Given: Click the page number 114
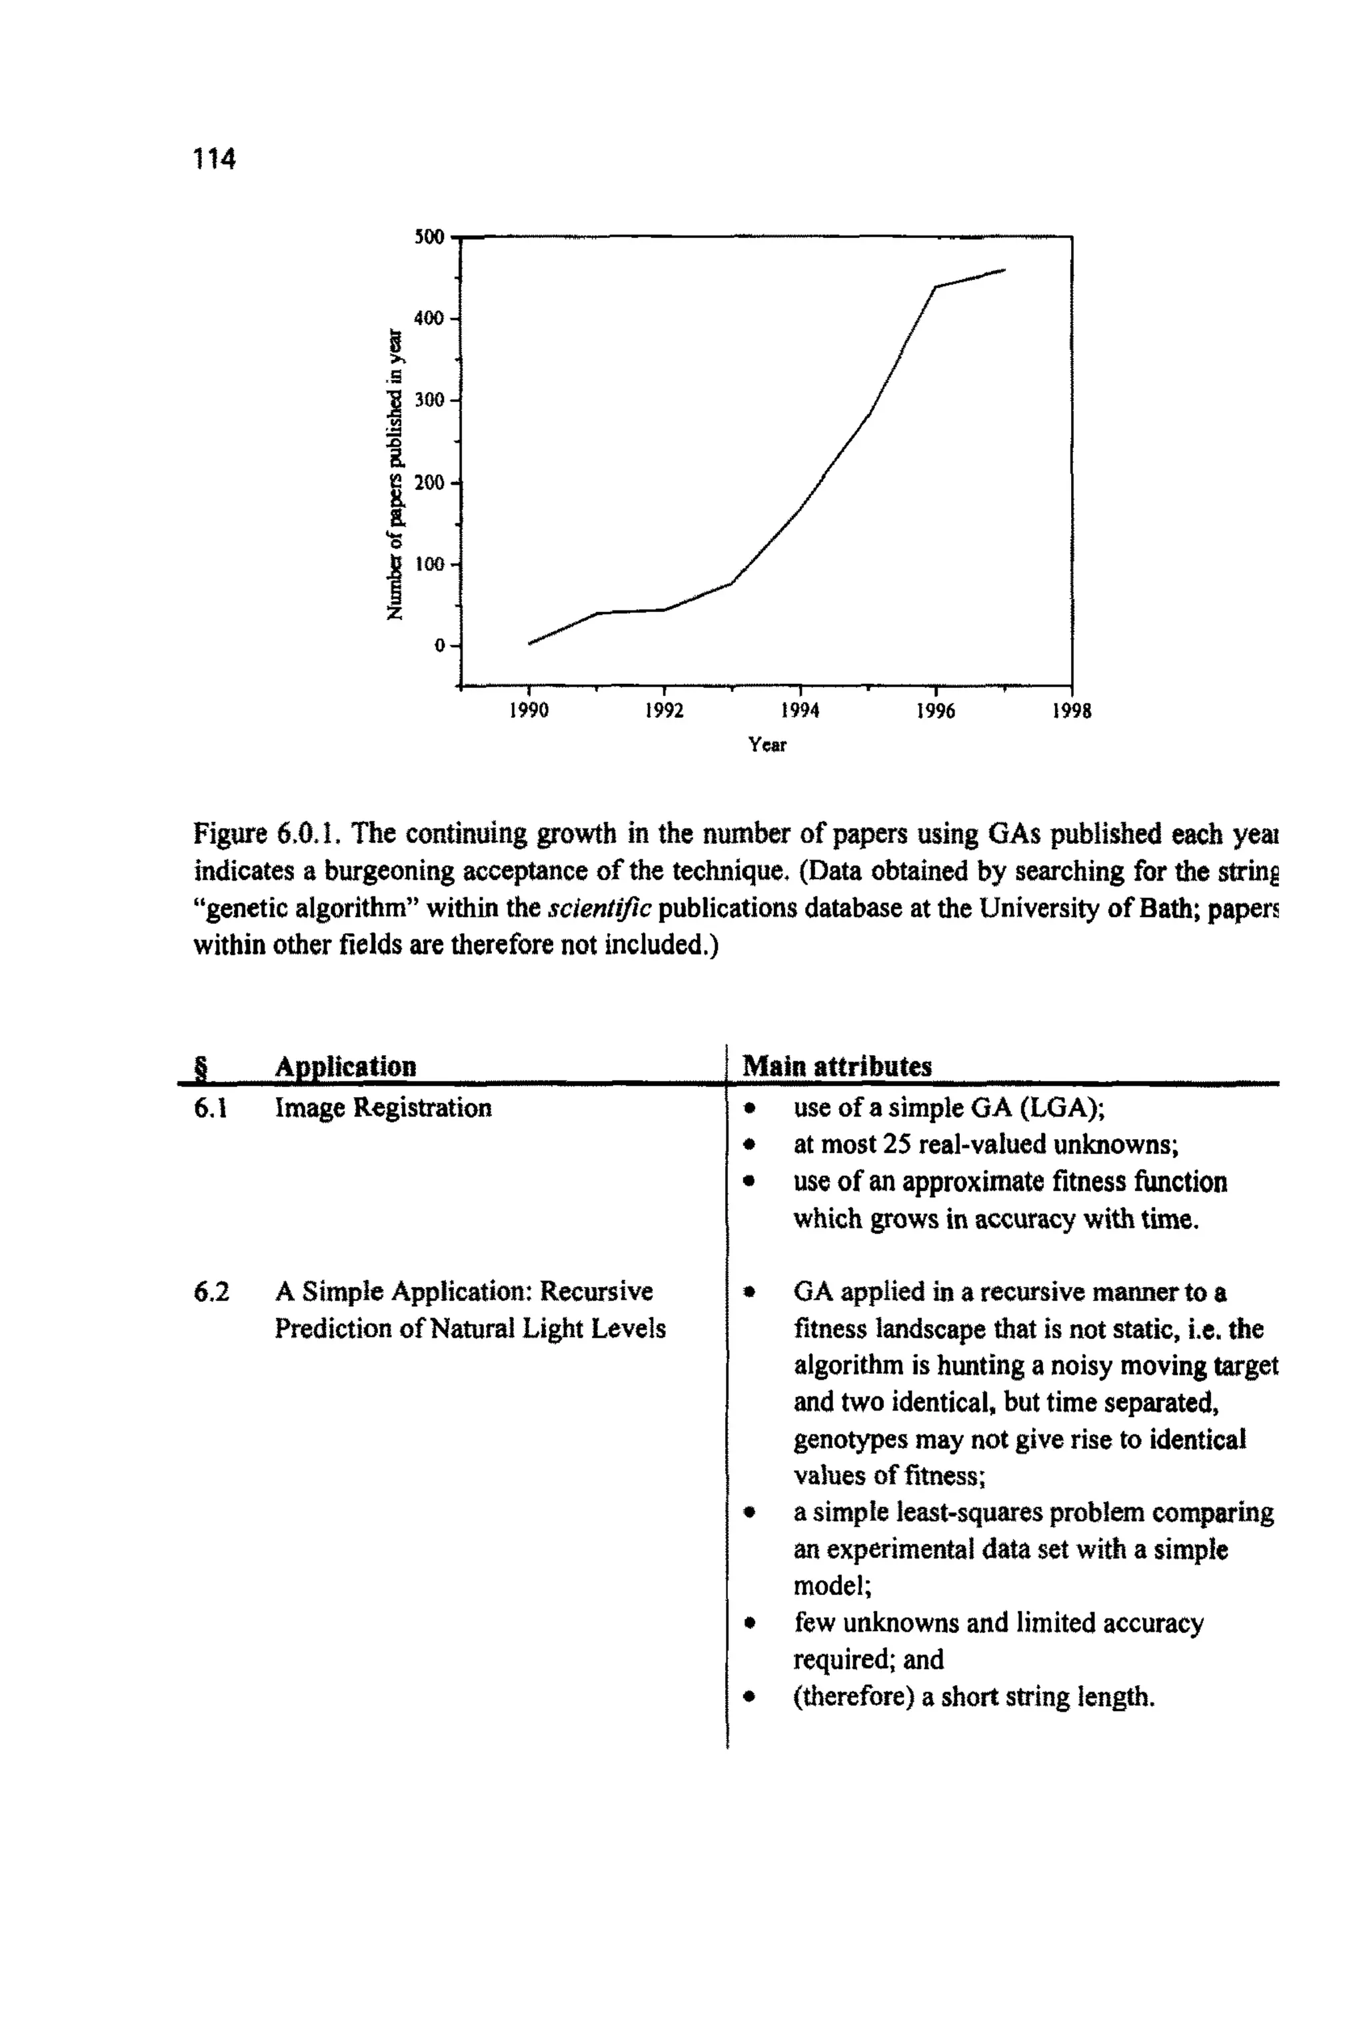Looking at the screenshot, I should [214, 159].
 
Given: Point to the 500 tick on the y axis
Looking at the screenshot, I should [429, 237].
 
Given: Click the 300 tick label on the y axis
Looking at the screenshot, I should [429, 400].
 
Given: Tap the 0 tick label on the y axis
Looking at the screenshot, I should [440, 645].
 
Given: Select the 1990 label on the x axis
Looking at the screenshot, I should [529, 711].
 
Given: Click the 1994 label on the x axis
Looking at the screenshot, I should [799, 711].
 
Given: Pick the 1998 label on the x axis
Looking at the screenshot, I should [1071, 711].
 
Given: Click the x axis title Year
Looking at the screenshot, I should [767, 745].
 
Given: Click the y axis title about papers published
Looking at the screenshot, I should [395, 475].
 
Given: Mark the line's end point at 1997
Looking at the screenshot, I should [1004, 270].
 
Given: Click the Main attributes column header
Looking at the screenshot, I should [836, 1066].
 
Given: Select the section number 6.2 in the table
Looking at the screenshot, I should [211, 1291].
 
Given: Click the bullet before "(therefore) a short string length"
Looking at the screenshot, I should [748, 1697].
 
